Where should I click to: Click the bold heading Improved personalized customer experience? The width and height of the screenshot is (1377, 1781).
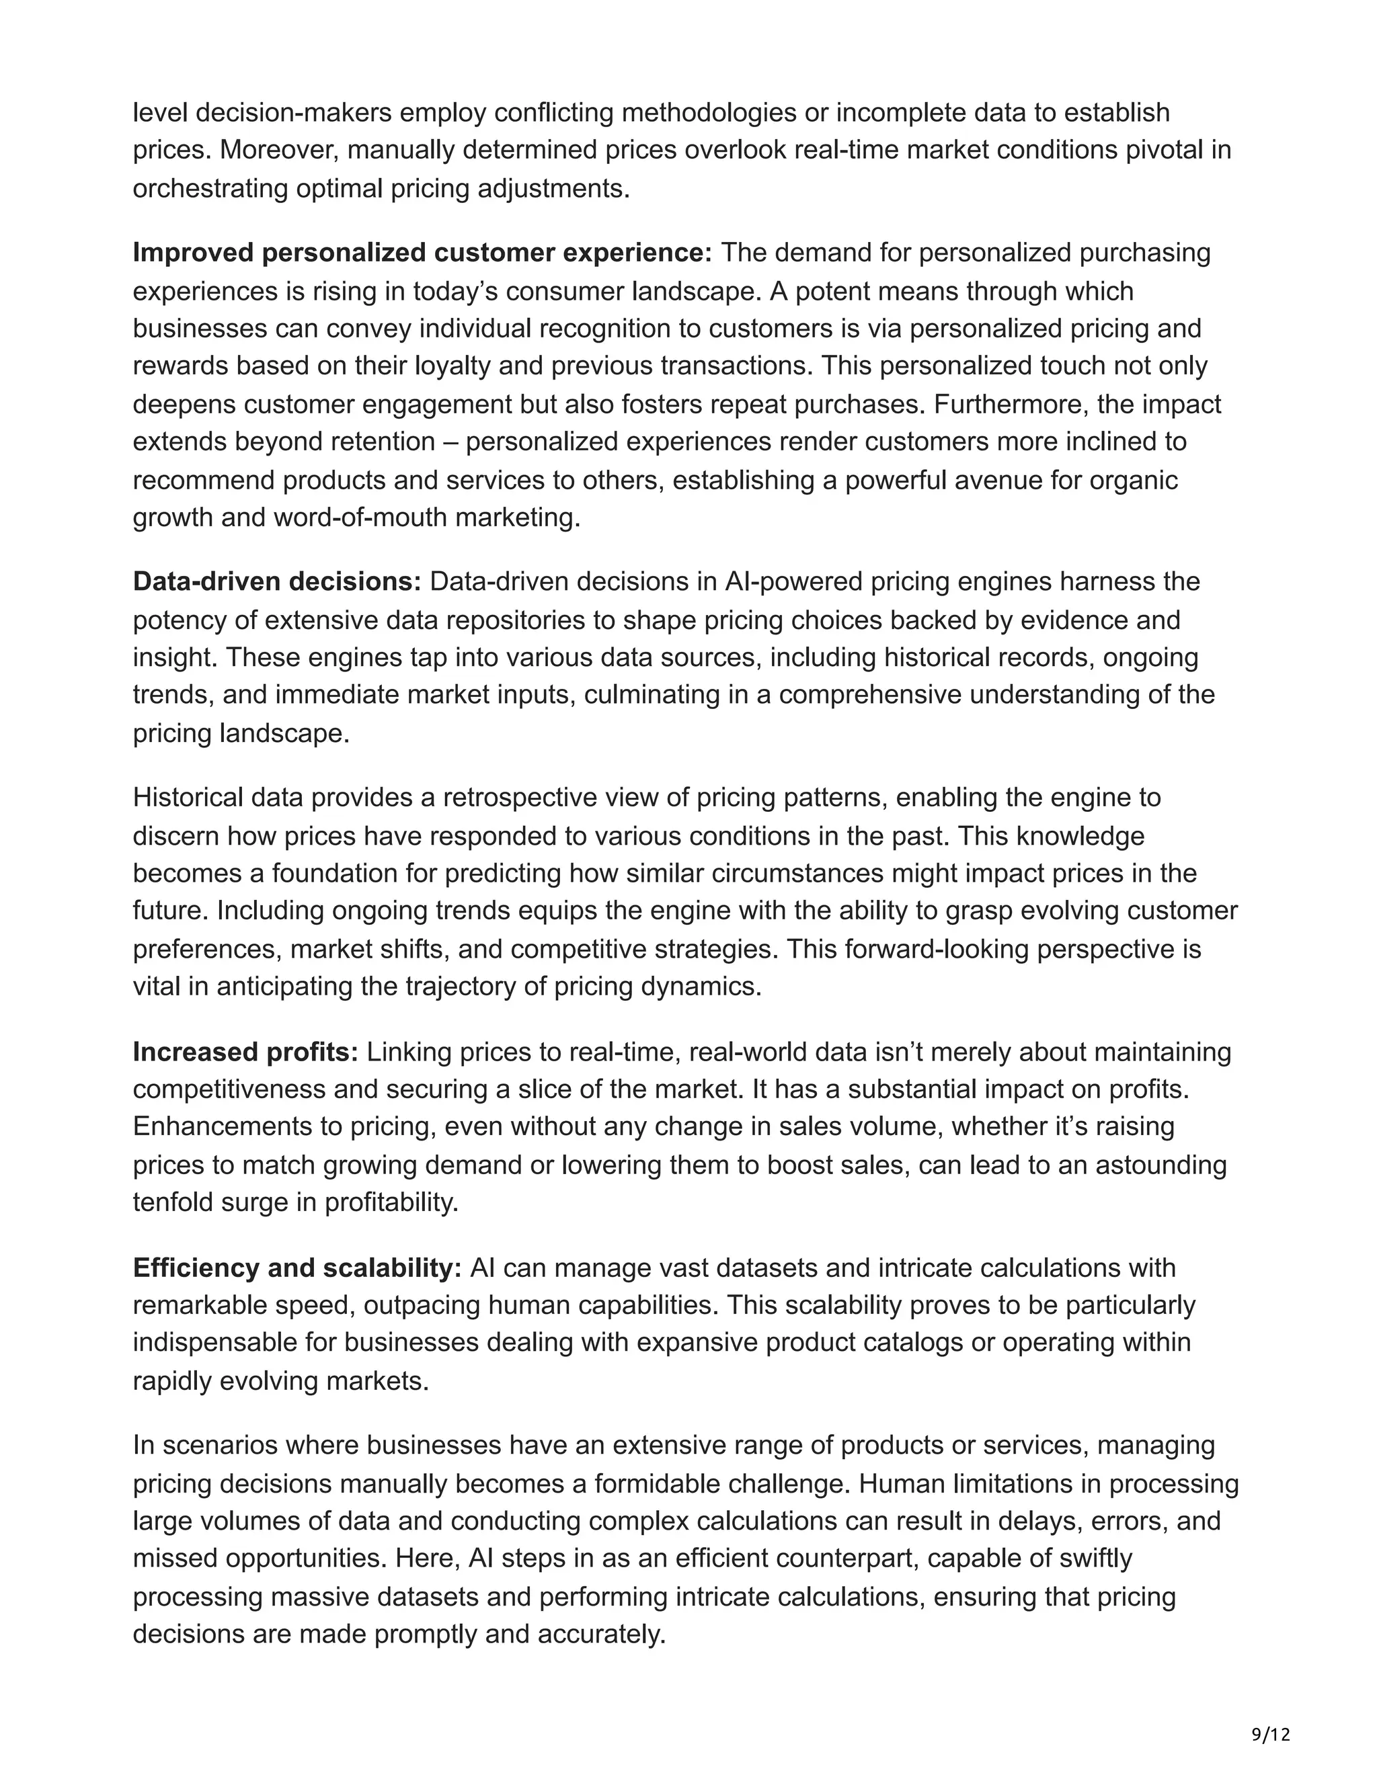pyautogui.click(x=422, y=253)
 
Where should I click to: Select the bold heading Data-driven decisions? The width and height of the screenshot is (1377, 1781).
pyautogui.click(x=276, y=581)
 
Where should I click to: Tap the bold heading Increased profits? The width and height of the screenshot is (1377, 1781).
pyautogui.click(x=245, y=1052)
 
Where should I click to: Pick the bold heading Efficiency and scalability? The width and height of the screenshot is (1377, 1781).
pyautogui.click(x=297, y=1268)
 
